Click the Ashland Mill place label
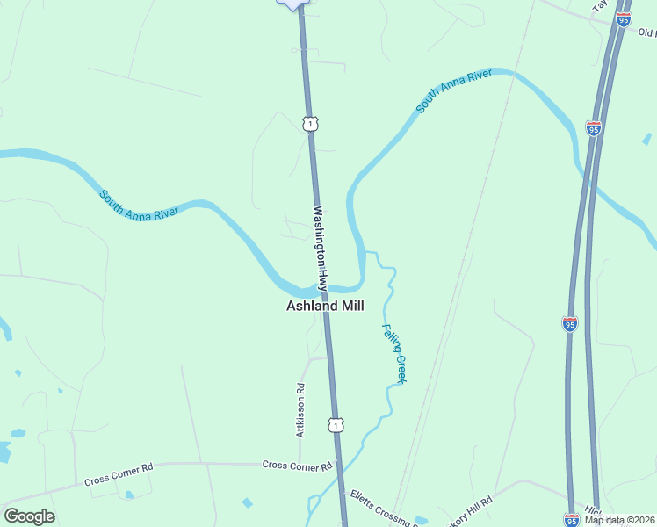pos(325,306)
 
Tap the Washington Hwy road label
pos(321,249)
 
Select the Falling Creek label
pos(393,353)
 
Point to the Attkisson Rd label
pos(300,410)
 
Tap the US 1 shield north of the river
pos(309,124)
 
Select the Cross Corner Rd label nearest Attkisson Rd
pos(298,465)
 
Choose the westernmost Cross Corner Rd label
pos(119,475)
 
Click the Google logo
pos(29,516)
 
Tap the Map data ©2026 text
pos(620,520)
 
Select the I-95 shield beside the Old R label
pos(624,19)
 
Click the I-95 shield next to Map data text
pos(571,520)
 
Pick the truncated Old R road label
pos(646,33)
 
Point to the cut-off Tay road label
pos(599,5)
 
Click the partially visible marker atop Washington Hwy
pos(293,4)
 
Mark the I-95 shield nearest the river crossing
pos(594,128)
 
